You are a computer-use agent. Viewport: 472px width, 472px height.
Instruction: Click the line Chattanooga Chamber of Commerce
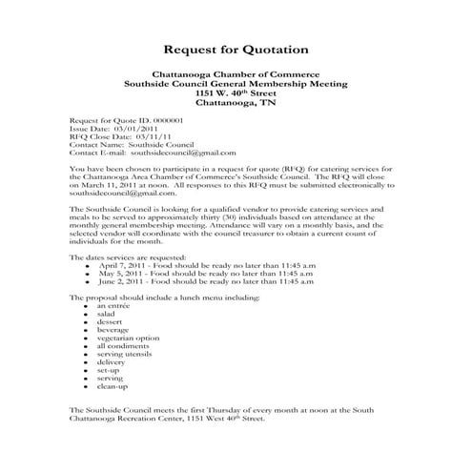click(x=236, y=74)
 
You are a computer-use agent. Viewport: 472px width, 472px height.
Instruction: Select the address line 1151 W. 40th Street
click(x=236, y=93)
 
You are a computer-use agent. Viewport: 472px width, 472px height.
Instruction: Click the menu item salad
click(x=106, y=314)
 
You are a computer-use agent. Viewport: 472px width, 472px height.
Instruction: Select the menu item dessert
click(x=109, y=323)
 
